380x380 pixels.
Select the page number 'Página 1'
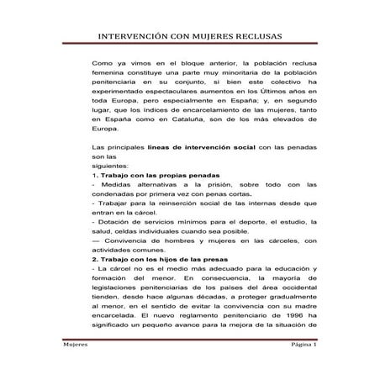[277, 346]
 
